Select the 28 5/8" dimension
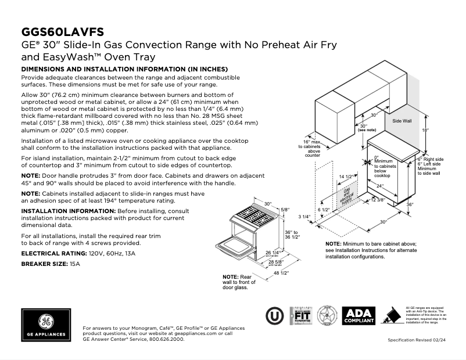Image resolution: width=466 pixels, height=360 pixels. pos(276,262)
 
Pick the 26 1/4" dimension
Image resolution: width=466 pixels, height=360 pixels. pos(273,253)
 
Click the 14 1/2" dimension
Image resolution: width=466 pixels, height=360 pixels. pos(346,177)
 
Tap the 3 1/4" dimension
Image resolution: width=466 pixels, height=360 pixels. pos(305,217)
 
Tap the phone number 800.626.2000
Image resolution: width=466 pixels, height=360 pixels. pos(166,339)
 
